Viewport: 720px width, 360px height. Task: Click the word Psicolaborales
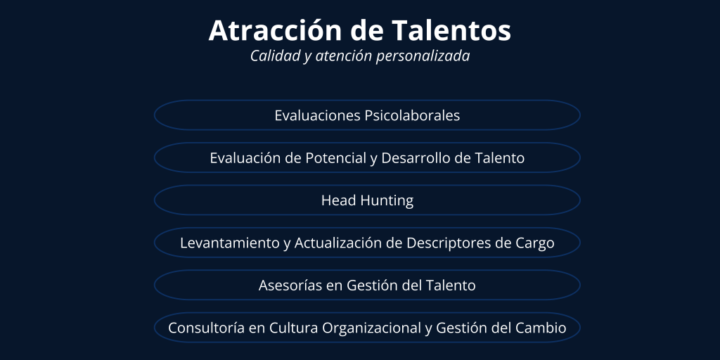[412, 115]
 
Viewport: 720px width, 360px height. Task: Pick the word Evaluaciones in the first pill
[318, 115]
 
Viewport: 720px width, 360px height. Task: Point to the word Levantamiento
[230, 243]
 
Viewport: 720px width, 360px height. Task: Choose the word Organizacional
[371, 328]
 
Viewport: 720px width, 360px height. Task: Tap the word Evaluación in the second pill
[244, 158]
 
